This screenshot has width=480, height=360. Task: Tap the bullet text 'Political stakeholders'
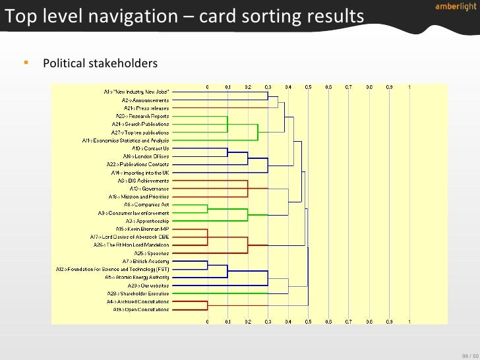point(100,64)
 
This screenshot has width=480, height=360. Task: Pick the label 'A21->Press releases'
point(146,108)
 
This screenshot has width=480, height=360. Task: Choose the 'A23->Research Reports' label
point(142,116)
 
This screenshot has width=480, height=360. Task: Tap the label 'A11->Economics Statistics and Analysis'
point(125,140)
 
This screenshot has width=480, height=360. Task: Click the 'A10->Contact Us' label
point(151,148)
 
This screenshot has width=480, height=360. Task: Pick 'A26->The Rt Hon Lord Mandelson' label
point(131,245)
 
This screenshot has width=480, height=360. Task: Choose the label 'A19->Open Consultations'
point(140,309)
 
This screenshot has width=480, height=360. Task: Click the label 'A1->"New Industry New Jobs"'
point(136,92)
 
